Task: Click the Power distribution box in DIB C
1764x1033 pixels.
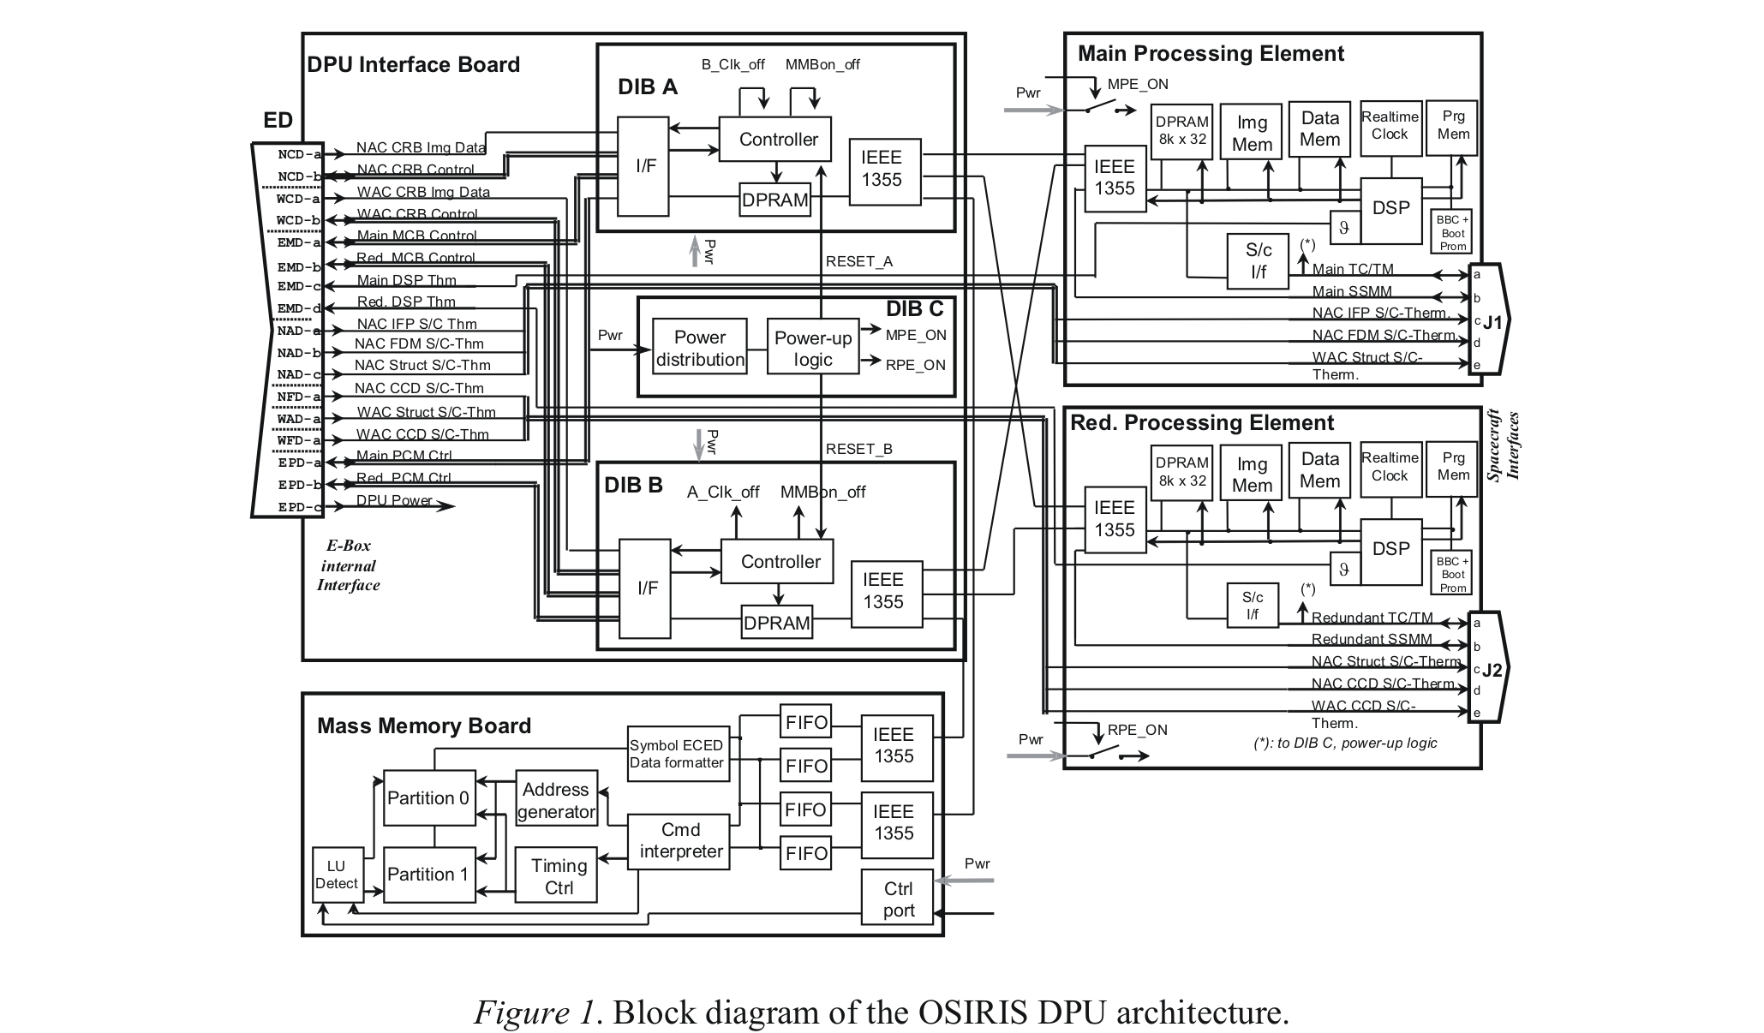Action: (x=699, y=348)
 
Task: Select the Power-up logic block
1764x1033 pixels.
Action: (x=812, y=348)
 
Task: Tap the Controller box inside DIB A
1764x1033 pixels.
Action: (x=778, y=140)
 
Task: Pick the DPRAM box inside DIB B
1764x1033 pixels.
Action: (x=776, y=623)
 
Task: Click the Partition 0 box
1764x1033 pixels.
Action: (x=428, y=797)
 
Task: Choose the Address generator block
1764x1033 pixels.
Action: (x=556, y=800)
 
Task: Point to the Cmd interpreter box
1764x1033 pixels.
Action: (x=680, y=840)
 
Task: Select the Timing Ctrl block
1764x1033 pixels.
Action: (x=559, y=876)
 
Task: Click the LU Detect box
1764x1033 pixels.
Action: (x=336, y=875)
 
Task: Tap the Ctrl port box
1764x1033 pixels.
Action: (x=898, y=899)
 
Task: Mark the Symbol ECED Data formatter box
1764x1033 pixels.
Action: (x=677, y=754)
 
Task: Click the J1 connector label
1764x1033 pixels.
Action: (x=1492, y=323)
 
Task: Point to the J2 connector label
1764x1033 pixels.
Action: (x=1492, y=670)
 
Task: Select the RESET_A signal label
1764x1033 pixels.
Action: (x=858, y=261)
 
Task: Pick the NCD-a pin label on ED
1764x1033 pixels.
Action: (x=299, y=155)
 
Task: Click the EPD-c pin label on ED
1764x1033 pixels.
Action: (x=299, y=507)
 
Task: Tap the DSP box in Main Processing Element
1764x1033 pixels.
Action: (x=1390, y=208)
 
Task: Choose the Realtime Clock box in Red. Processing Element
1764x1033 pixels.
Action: (x=1389, y=468)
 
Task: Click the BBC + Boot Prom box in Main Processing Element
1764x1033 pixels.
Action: (x=1452, y=233)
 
